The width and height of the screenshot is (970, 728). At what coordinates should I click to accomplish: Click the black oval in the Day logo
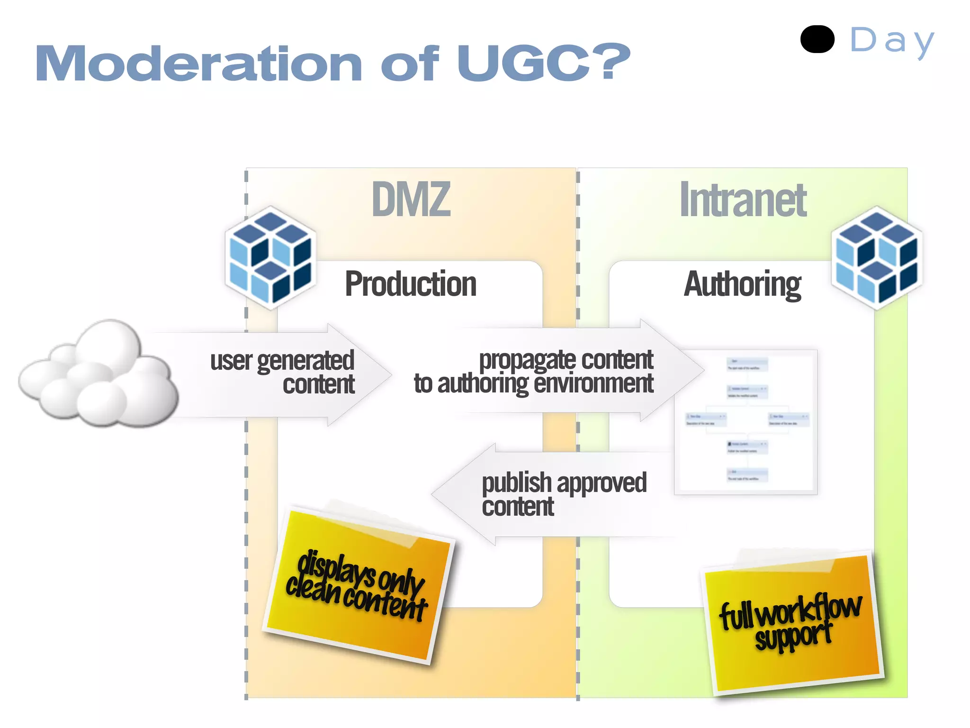point(817,39)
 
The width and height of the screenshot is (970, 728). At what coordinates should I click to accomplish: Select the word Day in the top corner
point(892,42)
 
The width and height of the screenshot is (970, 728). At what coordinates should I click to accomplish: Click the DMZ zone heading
point(411,200)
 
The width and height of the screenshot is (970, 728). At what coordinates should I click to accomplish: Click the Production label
point(410,284)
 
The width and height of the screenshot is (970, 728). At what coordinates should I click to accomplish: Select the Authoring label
point(742,285)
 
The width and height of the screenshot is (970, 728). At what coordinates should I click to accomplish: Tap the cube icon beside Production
point(270,258)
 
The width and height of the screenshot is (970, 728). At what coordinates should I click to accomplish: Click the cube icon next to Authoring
point(877,258)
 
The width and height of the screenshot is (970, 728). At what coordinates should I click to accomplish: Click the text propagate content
point(566,360)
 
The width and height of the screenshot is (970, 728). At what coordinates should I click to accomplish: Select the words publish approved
point(564,483)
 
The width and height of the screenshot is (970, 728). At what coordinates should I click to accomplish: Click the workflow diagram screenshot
point(746,422)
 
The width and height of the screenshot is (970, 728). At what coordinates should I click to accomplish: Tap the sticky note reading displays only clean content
point(359,585)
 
